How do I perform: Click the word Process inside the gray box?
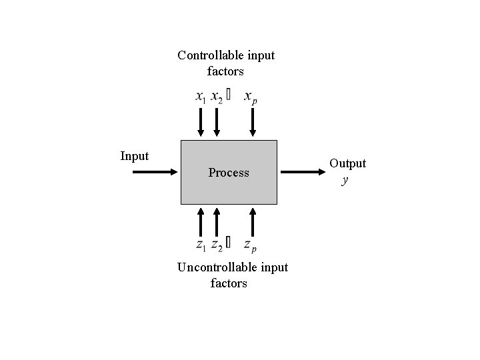[x=229, y=173]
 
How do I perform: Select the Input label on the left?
[x=134, y=156]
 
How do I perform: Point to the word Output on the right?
[x=347, y=163]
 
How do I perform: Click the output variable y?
[x=345, y=179]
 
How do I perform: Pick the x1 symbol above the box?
[x=201, y=97]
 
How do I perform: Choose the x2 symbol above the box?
[x=217, y=97]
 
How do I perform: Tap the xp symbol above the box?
[x=251, y=97]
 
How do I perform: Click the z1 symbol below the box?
[x=201, y=245]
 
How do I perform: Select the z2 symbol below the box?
[x=217, y=245]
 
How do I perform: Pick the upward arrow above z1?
[x=201, y=221]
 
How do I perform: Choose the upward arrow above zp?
[x=253, y=221]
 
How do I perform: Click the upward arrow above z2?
[x=216, y=221]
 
